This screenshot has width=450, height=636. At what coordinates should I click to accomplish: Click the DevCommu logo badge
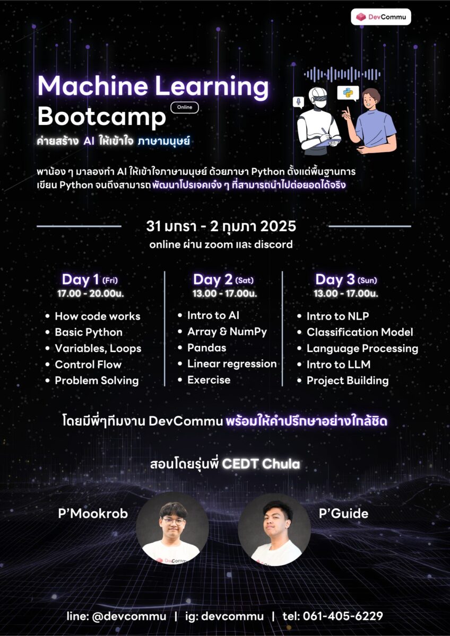380,17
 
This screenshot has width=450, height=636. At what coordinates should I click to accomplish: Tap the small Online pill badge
185,107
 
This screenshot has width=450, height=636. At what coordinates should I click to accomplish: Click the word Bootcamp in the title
101,117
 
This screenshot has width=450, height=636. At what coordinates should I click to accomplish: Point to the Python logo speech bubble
348,93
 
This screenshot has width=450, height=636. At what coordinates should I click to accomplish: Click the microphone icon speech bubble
298,102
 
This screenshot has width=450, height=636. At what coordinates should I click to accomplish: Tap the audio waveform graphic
342,74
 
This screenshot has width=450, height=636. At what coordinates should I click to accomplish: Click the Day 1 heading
90,279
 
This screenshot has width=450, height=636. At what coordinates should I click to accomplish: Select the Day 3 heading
346,279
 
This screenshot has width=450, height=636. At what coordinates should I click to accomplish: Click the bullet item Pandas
206,348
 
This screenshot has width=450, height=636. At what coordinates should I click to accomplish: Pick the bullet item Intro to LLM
338,365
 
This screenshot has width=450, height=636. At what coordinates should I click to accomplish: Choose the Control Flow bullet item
88,365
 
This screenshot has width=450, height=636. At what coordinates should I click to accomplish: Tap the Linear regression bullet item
232,364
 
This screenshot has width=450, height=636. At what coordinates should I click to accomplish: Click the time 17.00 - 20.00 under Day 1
90,293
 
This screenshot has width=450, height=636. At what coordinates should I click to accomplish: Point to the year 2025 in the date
278,226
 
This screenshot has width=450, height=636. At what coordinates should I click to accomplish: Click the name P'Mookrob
93,514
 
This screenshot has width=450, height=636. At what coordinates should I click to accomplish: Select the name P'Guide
343,514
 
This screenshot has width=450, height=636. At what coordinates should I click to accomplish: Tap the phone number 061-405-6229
343,616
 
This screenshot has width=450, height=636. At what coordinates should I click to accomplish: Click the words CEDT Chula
261,464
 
